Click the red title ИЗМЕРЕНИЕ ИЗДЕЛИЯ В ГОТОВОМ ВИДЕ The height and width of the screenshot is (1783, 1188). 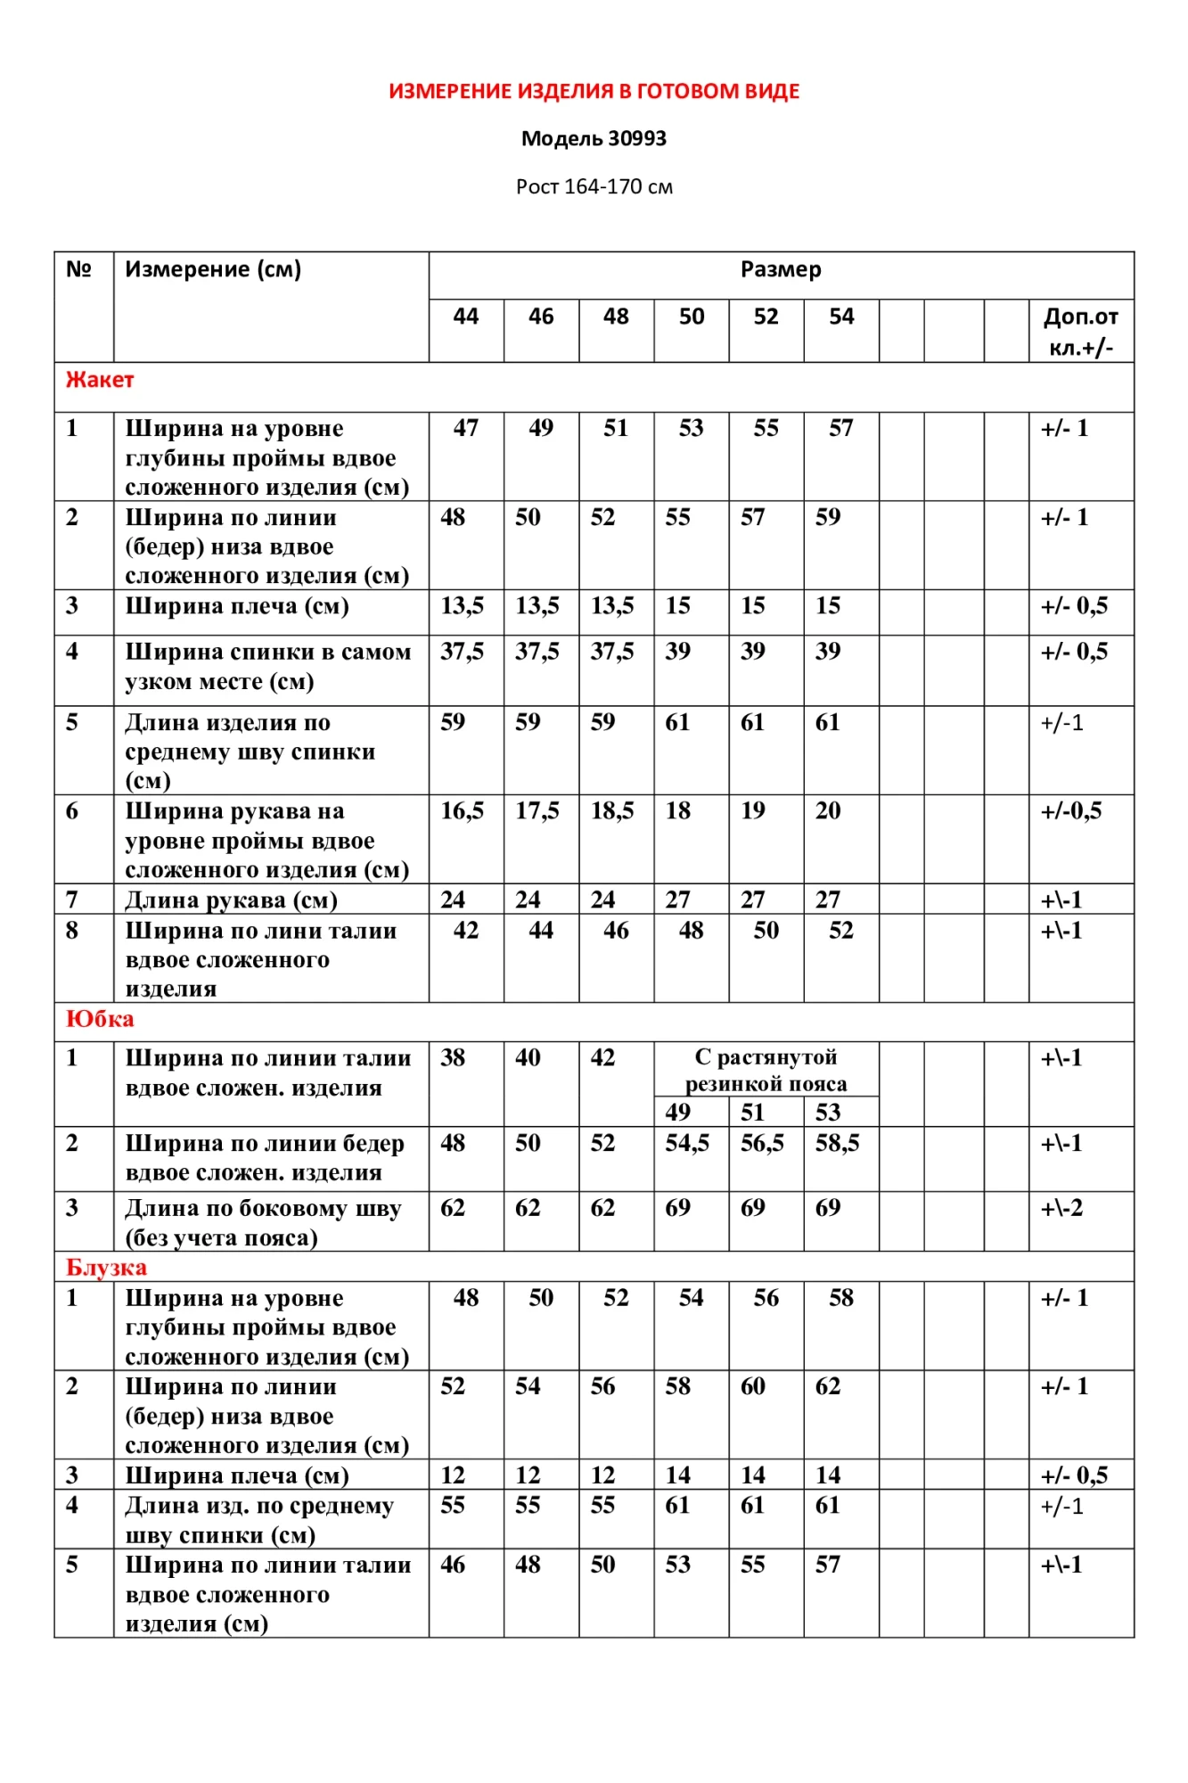[594, 91]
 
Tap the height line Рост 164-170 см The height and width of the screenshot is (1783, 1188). [594, 186]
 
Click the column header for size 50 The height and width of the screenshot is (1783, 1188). [691, 316]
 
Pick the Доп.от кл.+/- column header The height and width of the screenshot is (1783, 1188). [1080, 331]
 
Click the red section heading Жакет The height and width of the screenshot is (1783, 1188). [100, 380]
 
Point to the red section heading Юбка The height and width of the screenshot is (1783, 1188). [100, 1019]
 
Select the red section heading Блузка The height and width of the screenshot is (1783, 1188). [106, 1267]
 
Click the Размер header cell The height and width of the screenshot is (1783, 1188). [781, 269]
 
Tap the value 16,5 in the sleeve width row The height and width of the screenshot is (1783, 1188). [462, 810]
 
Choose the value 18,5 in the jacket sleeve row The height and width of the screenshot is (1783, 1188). [612, 810]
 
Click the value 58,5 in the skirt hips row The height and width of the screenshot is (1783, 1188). [837, 1143]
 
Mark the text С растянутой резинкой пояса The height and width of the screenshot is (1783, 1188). [766, 1070]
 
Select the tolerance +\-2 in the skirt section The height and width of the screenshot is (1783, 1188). [1061, 1208]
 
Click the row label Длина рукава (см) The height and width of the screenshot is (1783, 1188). [231, 900]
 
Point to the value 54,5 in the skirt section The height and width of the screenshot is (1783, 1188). [687, 1143]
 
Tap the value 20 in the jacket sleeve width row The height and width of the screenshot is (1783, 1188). [828, 810]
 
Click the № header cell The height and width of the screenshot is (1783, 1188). [79, 269]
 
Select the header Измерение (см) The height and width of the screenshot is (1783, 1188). [213, 269]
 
